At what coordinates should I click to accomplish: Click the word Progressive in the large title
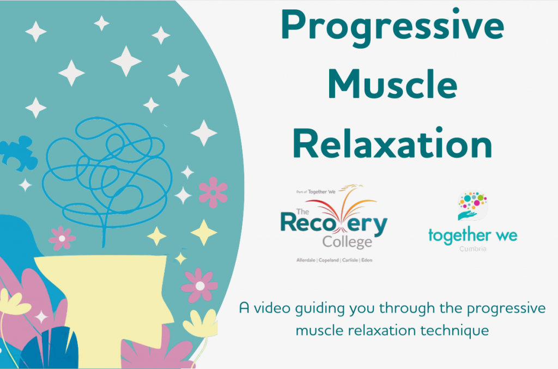pyautogui.click(x=392, y=26)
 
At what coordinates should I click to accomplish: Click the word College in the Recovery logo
pyautogui.click(x=347, y=241)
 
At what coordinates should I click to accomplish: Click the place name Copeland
pyautogui.click(x=328, y=260)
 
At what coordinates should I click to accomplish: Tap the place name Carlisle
pyautogui.click(x=350, y=260)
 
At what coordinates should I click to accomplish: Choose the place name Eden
pyautogui.click(x=367, y=260)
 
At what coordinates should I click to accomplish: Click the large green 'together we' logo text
pyautogui.click(x=472, y=236)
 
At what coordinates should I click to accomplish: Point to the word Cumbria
pyautogui.click(x=472, y=249)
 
